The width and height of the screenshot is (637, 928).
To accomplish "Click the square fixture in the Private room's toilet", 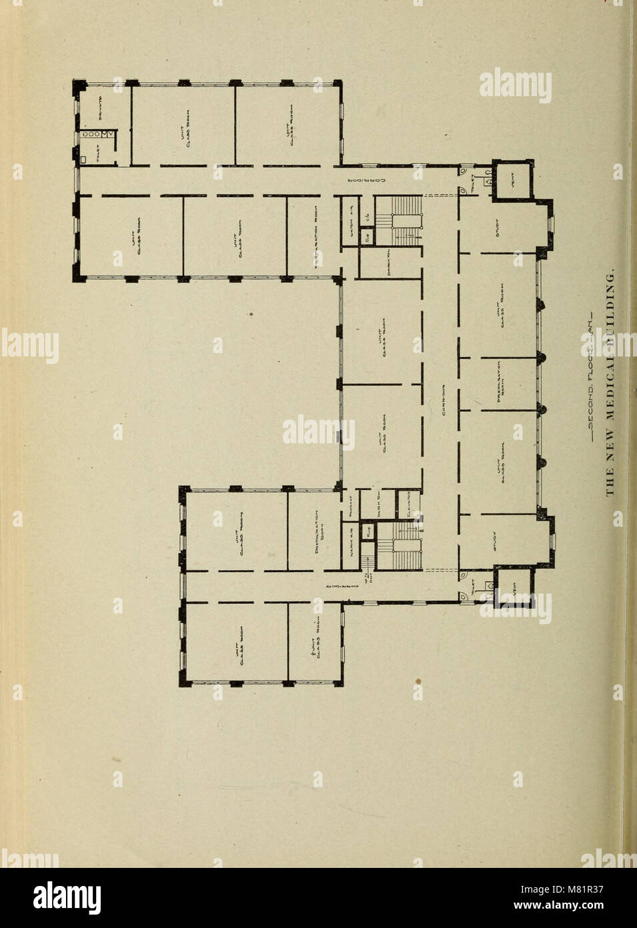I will click(84, 160).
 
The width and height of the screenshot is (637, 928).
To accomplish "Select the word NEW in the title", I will click(608, 453).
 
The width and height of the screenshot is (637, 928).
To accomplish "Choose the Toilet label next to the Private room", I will click(98, 155).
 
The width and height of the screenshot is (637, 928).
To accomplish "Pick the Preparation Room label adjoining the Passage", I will click(319, 527).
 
